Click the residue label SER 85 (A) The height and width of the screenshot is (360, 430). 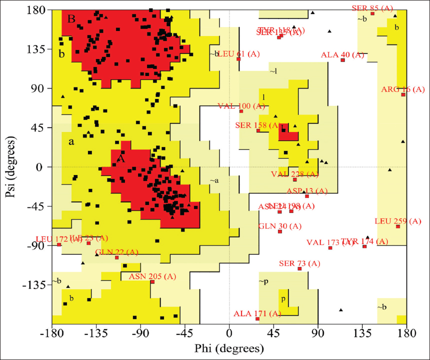coord(373,7)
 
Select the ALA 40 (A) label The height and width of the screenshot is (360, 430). coord(342,54)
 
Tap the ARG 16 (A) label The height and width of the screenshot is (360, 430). coord(396,89)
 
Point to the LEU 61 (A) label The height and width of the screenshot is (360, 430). coord(239,53)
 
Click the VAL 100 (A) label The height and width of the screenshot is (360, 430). coord(241,106)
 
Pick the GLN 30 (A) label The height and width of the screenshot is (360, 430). coord(280,226)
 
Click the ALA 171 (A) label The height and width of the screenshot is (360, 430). coord(257,313)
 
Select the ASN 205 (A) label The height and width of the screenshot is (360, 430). coord(152,276)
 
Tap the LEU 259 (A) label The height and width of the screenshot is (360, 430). coord(398,221)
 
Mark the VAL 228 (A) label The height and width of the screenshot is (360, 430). coord(295,174)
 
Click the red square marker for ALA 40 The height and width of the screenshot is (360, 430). coord(343,60)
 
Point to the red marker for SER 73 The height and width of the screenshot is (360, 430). coord(299,269)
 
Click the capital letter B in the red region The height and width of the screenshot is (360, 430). coord(71,19)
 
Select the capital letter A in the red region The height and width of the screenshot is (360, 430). coord(120,158)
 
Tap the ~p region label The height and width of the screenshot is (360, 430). coord(263,281)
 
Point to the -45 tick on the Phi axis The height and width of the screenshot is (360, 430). coord(184,332)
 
